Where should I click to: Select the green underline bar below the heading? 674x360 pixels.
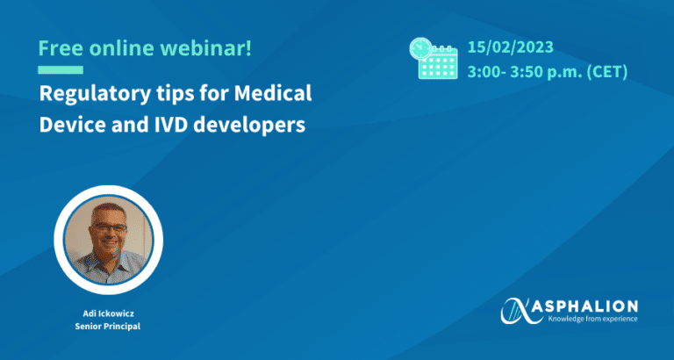61,69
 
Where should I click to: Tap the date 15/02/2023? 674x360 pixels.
510,47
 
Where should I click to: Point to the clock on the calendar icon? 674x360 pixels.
421,49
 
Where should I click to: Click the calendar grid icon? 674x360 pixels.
438,62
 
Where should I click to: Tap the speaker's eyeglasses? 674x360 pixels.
109,228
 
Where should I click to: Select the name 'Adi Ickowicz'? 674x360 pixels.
108,313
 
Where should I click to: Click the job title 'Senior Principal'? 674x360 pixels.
108,327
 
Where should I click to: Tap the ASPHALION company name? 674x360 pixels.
592,306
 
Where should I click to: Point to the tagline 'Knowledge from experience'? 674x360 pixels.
592,319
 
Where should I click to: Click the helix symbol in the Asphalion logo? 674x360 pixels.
522,310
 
